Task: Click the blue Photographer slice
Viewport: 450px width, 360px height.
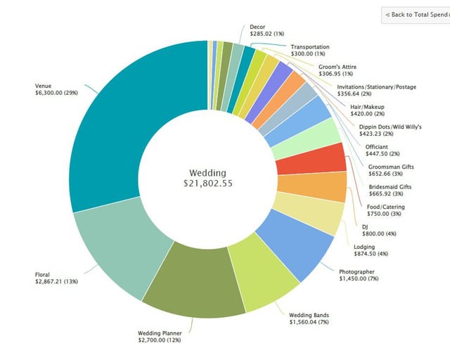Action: click(299, 243)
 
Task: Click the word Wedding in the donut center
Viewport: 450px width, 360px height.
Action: click(210, 172)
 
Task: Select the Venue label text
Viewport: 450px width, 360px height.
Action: click(43, 86)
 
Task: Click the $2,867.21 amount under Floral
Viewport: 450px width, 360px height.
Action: click(56, 281)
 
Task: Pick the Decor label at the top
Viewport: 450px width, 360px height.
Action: click(257, 27)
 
